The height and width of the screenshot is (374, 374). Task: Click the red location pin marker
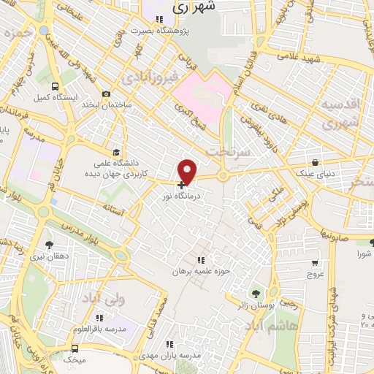click(x=188, y=171)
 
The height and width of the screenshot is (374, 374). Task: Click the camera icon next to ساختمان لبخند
click(x=107, y=93)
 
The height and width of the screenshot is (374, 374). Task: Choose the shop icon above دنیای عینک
click(x=315, y=162)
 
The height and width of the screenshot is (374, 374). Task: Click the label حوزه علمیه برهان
click(x=201, y=271)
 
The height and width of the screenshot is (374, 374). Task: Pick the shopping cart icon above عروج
click(x=315, y=262)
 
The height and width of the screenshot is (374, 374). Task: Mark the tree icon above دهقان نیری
click(x=50, y=244)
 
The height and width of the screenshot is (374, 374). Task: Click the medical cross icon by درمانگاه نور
click(x=181, y=185)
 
